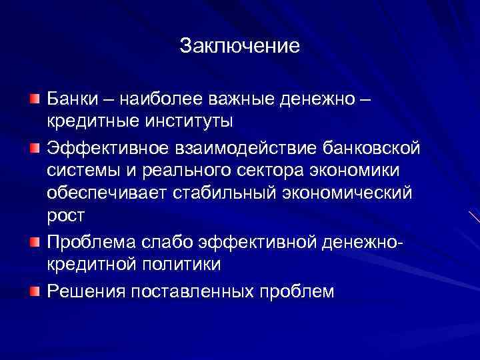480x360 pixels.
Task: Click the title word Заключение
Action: pos(239,46)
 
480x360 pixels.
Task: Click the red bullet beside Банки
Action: pos(34,99)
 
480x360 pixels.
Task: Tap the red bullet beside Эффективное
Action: pos(34,146)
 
